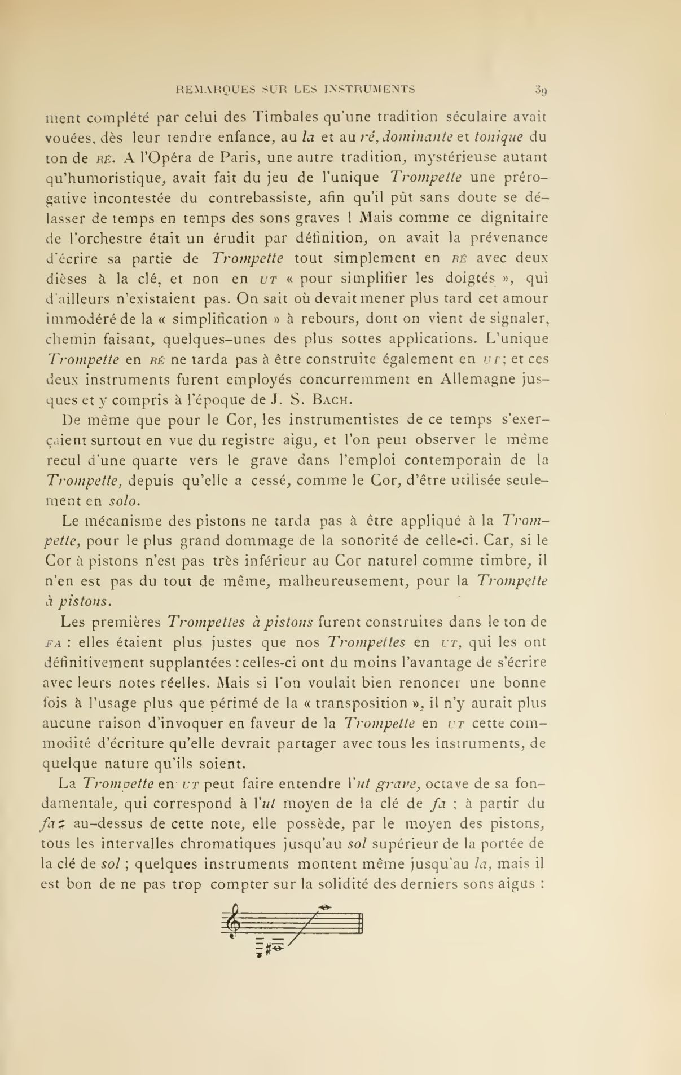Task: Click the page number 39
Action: pos(540,90)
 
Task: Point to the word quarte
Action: pos(155,460)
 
